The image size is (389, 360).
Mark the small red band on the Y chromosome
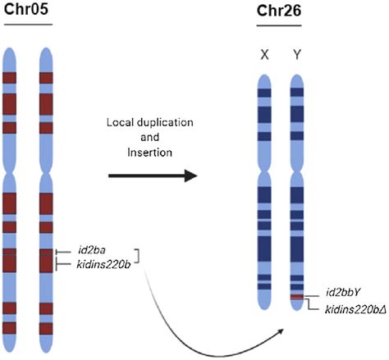pyautogui.click(x=299, y=296)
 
